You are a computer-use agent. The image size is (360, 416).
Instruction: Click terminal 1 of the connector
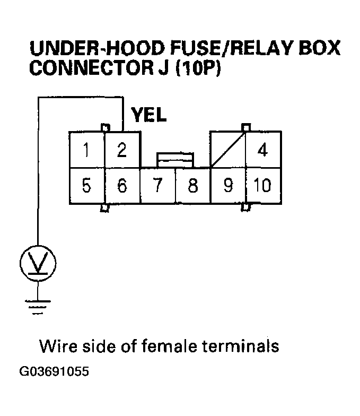coord(86,150)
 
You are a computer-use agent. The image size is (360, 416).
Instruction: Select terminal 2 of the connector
coord(122,150)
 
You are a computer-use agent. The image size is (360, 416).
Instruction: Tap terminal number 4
coord(263,150)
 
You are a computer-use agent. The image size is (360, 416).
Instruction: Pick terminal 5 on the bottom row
coord(86,186)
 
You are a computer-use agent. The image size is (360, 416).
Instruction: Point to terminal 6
coord(122,186)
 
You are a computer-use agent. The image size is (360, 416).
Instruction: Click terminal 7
coord(157,186)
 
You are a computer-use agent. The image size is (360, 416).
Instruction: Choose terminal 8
coord(193,186)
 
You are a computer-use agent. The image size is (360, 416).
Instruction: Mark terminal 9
coord(228,186)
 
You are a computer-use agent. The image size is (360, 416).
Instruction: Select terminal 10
coord(263,186)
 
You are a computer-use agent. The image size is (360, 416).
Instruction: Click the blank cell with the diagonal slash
coord(228,150)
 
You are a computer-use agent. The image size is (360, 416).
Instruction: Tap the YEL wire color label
coord(148,115)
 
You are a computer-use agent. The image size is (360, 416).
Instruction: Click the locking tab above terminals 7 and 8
coord(175,159)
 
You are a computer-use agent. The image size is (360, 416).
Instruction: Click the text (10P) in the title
coord(200,70)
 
